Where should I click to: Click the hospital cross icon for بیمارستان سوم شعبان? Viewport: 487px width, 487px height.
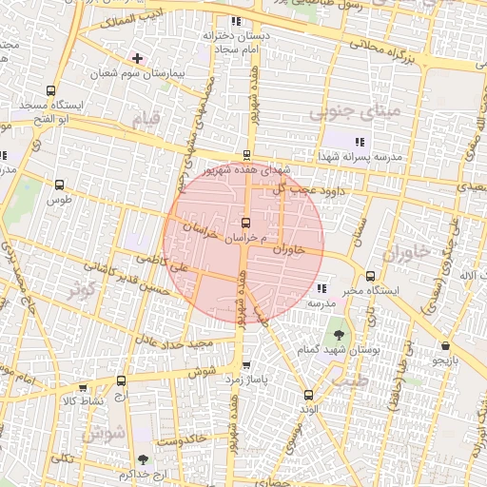(139, 58)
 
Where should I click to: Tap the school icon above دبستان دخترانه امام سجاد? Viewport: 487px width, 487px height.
(236, 21)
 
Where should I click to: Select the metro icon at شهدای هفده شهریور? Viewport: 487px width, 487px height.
(247, 155)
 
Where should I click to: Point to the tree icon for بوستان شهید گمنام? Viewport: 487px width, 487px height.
(338, 336)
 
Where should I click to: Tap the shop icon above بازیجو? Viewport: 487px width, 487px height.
(446, 346)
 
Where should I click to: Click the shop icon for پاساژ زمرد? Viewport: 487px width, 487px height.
(247, 365)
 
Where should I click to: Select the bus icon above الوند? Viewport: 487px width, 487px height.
(307, 395)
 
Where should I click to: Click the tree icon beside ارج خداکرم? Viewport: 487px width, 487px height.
(144, 460)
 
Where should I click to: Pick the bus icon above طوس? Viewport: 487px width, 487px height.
(61, 185)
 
